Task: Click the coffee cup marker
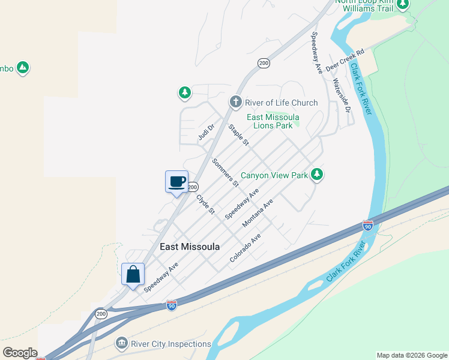pyautogui.click(x=176, y=182)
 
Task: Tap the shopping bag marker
pyautogui.click(x=133, y=274)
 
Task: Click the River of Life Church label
pyautogui.click(x=281, y=103)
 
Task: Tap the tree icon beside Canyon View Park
pyautogui.click(x=317, y=175)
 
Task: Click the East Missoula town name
pyautogui.click(x=190, y=247)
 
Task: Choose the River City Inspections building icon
pyautogui.click(x=122, y=344)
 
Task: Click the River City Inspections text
pyautogui.click(x=171, y=344)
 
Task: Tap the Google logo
pyautogui.click(x=20, y=353)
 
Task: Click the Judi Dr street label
pyautogui.click(x=206, y=132)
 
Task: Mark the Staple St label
pyautogui.click(x=238, y=134)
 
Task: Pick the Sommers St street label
pyautogui.click(x=225, y=172)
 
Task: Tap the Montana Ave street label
pyautogui.click(x=258, y=213)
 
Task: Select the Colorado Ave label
pyautogui.click(x=246, y=248)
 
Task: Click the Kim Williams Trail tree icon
pyautogui.click(x=403, y=5)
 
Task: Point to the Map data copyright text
pyautogui.click(x=412, y=355)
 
